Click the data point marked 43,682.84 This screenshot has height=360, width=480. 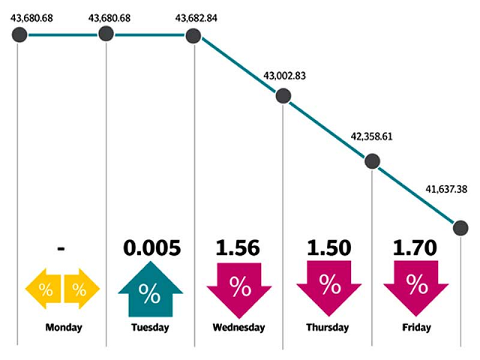tap(193, 35)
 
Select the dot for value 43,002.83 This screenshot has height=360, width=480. tap(283, 95)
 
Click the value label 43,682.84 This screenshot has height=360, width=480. tap(196, 17)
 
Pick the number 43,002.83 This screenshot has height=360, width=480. tap(285, 76)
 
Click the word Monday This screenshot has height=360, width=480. tap(64, 328)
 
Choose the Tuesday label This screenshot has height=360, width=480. tap(150, 328)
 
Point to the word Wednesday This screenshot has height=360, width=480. tap(238, 328)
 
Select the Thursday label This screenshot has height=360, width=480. tap(327, 328)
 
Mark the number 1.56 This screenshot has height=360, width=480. tap(238, 248)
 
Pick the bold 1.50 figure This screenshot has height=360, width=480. tap(327, 248)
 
